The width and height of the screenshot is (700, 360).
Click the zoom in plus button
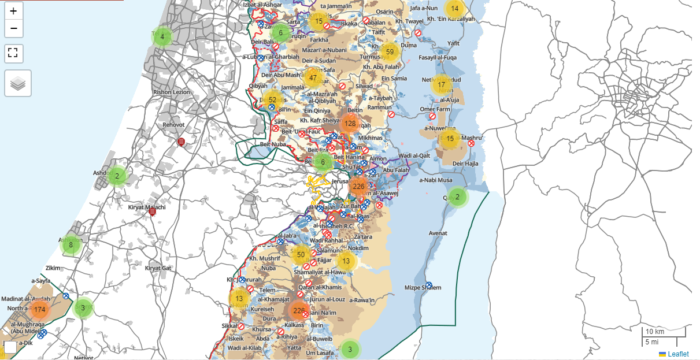[13, 11]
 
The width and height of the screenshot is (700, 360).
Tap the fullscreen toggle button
[13, 54]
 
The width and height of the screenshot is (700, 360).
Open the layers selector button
[18, 83]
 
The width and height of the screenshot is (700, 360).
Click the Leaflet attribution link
[678, 354]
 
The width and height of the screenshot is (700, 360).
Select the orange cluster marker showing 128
[350, 123]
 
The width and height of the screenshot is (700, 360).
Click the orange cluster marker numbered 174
[39, 310]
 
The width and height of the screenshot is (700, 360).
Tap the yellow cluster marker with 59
[390, 52]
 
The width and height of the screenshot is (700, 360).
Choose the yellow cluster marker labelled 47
[313, 77]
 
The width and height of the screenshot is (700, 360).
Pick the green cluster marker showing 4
[162, 37]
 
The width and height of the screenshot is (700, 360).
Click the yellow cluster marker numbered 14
[455, 8]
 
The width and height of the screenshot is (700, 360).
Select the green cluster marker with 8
[71, 244]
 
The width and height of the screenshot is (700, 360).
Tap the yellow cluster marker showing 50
[301, 254]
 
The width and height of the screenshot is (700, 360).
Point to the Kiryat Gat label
[158, 268]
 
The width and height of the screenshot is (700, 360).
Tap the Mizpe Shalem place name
[423, 288]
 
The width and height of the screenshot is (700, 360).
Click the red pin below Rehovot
[181, 142]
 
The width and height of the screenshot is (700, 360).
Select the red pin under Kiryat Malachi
[153, 212]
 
